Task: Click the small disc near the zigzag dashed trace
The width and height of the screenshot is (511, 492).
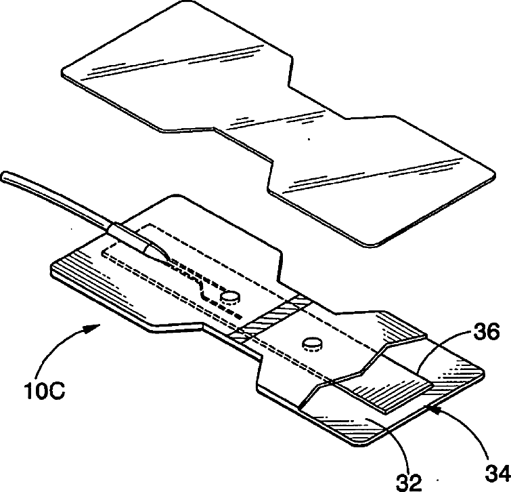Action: [x=231, y=296]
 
